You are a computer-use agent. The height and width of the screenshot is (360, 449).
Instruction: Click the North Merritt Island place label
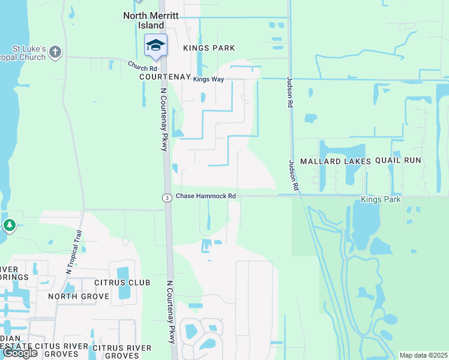coord(143,20)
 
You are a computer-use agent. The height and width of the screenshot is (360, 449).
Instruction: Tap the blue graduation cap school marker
coord(155,46)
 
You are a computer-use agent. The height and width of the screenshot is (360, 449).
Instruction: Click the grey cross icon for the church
coord(55,52)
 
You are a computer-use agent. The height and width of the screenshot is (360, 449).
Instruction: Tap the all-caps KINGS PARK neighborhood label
coord(209,48)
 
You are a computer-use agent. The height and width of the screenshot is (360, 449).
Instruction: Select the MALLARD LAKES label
coord(335,161)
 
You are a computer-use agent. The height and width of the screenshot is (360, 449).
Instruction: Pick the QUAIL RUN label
coord(399,161)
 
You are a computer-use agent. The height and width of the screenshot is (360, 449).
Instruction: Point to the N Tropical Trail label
coord(74,252)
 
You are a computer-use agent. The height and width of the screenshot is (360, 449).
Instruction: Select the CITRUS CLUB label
coord(121,282)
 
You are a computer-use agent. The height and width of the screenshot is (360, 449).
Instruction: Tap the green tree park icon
coord(9,226)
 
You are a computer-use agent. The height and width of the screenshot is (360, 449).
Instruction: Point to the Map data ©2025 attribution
coord(423,355)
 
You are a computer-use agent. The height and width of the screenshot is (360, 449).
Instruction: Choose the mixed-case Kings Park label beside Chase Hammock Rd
coord(381,199)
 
